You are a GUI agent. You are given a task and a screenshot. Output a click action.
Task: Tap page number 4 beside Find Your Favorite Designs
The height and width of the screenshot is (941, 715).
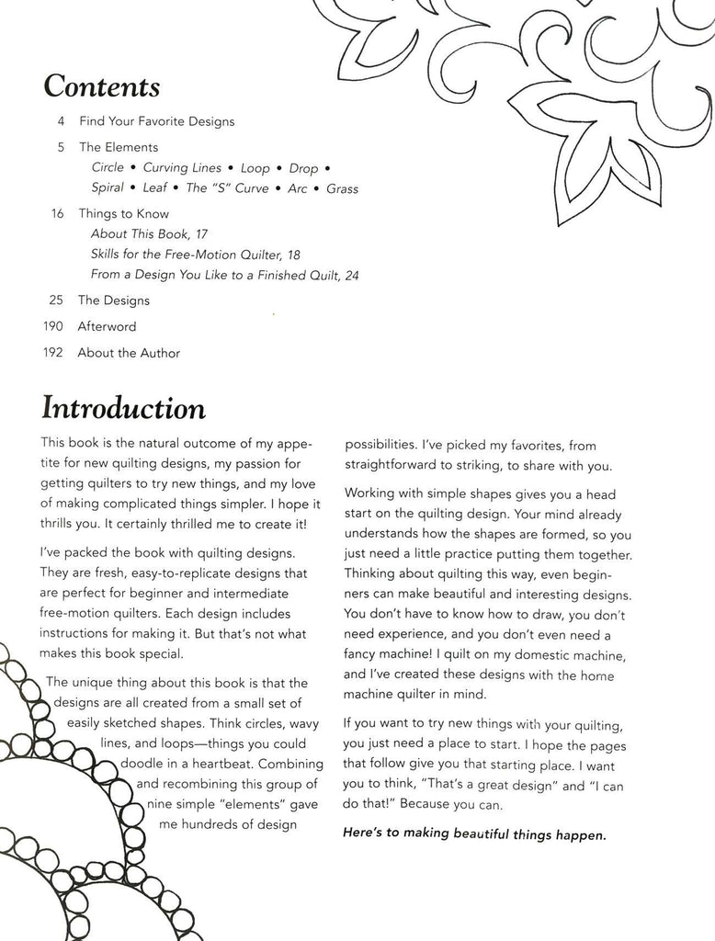click(x=60, y=121)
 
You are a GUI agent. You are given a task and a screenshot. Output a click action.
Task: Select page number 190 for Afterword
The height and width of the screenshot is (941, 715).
click(x=53, y=326)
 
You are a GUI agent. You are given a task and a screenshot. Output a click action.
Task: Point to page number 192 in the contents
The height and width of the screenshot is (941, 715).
click(x=53, y=353)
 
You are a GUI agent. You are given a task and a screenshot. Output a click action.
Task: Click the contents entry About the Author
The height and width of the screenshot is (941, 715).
click(x=129, y=353)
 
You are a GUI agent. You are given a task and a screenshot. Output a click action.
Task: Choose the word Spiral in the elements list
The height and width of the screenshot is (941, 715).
click(x=108, y=189)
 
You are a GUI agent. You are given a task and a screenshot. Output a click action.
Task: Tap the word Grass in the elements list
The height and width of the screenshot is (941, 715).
click(x=342, y=189)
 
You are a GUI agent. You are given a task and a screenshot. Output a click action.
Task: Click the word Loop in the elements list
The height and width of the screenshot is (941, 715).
click(x=255, y=169)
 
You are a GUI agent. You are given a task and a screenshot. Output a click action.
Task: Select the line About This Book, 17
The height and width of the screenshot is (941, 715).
click(x=150, y=235)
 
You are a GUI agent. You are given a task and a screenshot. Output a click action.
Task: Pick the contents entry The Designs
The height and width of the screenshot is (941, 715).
click(x=113, y=300)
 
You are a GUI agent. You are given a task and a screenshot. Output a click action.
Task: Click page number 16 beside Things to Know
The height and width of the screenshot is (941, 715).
click(x=57, y=214)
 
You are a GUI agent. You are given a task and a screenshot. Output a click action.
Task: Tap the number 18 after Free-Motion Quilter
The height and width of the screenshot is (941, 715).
click(x=293, y=255)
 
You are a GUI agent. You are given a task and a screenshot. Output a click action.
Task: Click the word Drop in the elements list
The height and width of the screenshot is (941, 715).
click(x=303, y=169)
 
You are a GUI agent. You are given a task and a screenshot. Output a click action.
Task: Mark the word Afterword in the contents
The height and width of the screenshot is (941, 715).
click(x=107, y=326)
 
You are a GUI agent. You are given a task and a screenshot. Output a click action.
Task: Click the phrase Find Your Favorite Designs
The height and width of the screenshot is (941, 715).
click(x=156, y=121)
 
